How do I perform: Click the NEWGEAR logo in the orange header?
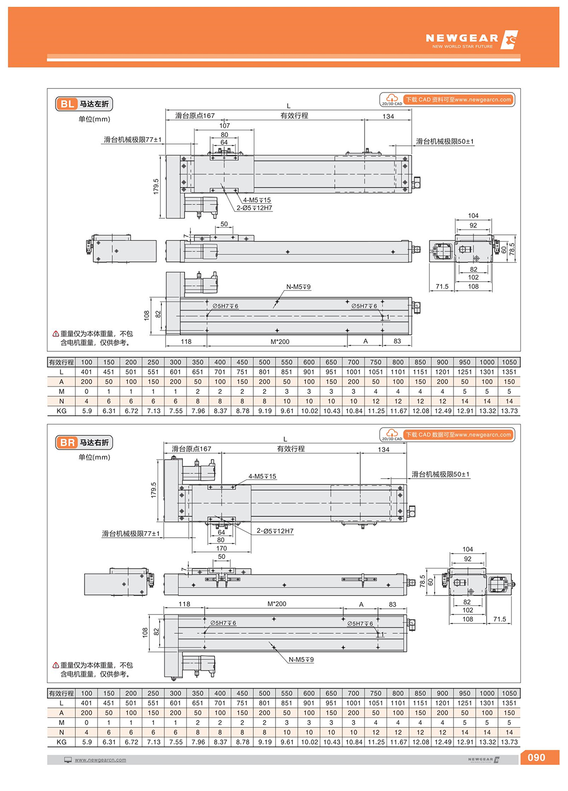pyautogui.click(x=471, y=40)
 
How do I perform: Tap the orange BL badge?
pyautogui.click(x=67, y=104)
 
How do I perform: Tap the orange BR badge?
pyautogui.click(x=67, y=443)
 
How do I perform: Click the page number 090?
pyautogui.click(x=536, y=757)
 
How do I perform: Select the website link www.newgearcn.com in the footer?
pyautogui.click(x=100, y=760)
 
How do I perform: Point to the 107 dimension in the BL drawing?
pyautogui.click(x=224, y=125)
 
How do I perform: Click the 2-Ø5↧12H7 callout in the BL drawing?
pyautogui.click(x=254, y=208)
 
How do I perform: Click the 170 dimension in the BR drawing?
pyautogui.click(x=222, y=548)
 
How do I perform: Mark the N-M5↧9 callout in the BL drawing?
pyautogui.click(x=298, y=287)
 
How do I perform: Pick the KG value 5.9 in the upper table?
pyautogui.click(x=87, y=411)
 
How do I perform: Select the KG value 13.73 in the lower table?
pyautogui.click(x=509, y=742)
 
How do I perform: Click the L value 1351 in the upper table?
pyautogui.click(x=509, y=372)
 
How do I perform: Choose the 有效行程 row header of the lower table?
pyautogui.click(x=61, y=693)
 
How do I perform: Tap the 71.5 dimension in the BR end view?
pyautogui.click(x=499, y=619)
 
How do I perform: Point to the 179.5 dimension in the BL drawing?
pyautogui.click(x=156, y=186)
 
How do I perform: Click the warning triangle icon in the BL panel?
pyautogui.click(x=56, y=334)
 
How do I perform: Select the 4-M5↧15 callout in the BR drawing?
pyautogui.click(x=262, y=476)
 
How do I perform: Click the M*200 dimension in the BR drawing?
pyautogui.click(x=277, y=604)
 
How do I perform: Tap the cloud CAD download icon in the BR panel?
pyautogui.click(x=391, y=433)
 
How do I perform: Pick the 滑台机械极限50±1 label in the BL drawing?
pyautogui.click(x=444, y=141)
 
